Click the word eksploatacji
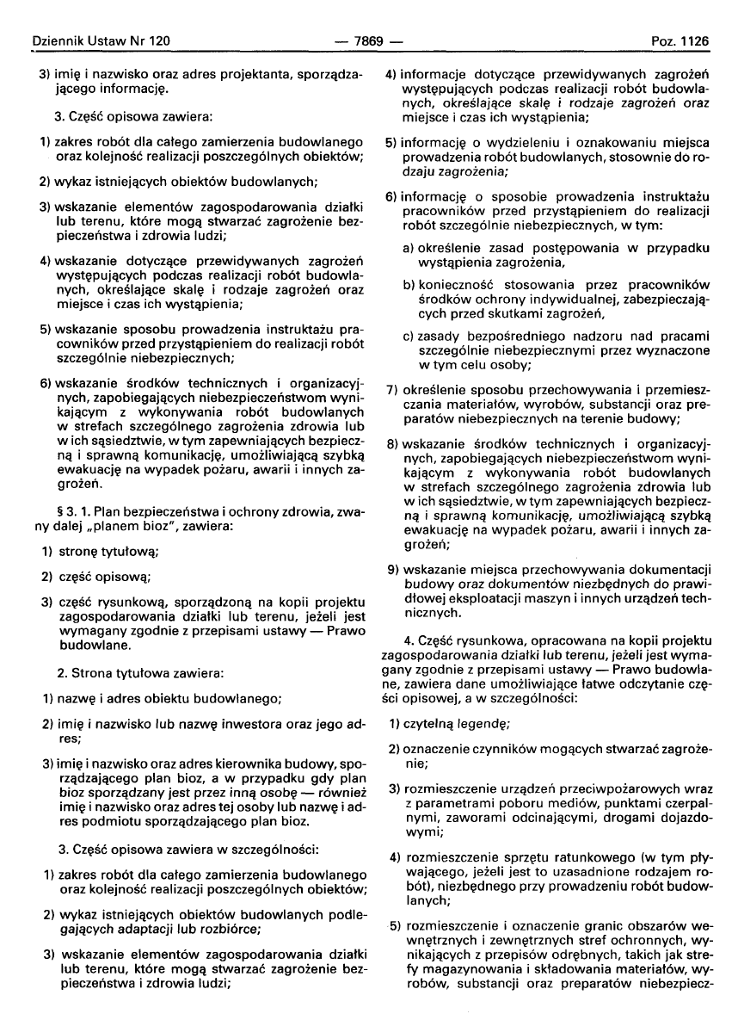pyautogui.click(x=494, y=603)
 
